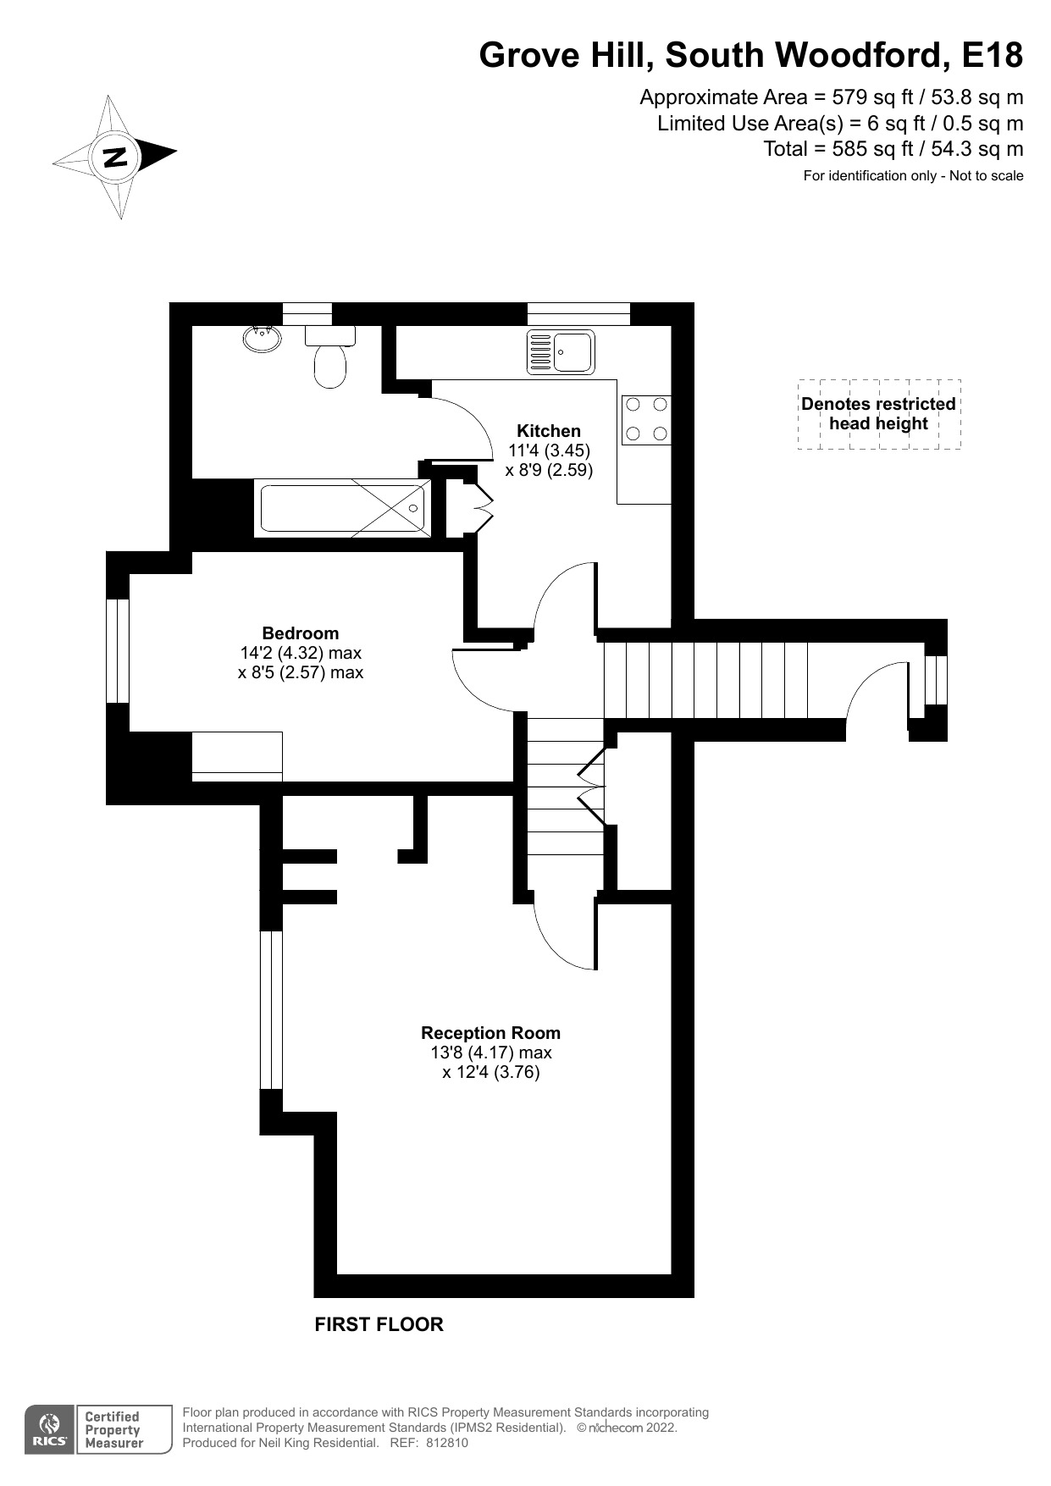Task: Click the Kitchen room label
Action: pos(549,431)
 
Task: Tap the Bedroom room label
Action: pos(300,633)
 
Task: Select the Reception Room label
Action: pos(490,1033)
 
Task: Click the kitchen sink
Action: pos(561,351)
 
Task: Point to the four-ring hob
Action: pos(646,420)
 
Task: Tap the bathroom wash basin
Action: pos(262,339)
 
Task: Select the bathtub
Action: pos(342,508)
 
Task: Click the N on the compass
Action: pos(114,157)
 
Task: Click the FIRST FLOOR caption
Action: pos(379,1324)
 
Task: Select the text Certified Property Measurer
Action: pos(113,1430)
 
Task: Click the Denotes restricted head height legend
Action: pos(878,414)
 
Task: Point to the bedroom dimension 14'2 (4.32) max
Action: pos(301,653)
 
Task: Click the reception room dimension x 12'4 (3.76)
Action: pos(490,1072)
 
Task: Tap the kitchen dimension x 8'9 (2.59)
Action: pos(549,470)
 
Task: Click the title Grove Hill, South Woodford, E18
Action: pos(750,56)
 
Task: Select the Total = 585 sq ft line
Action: pos(893,150)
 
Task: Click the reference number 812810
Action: pos(446,1443)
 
